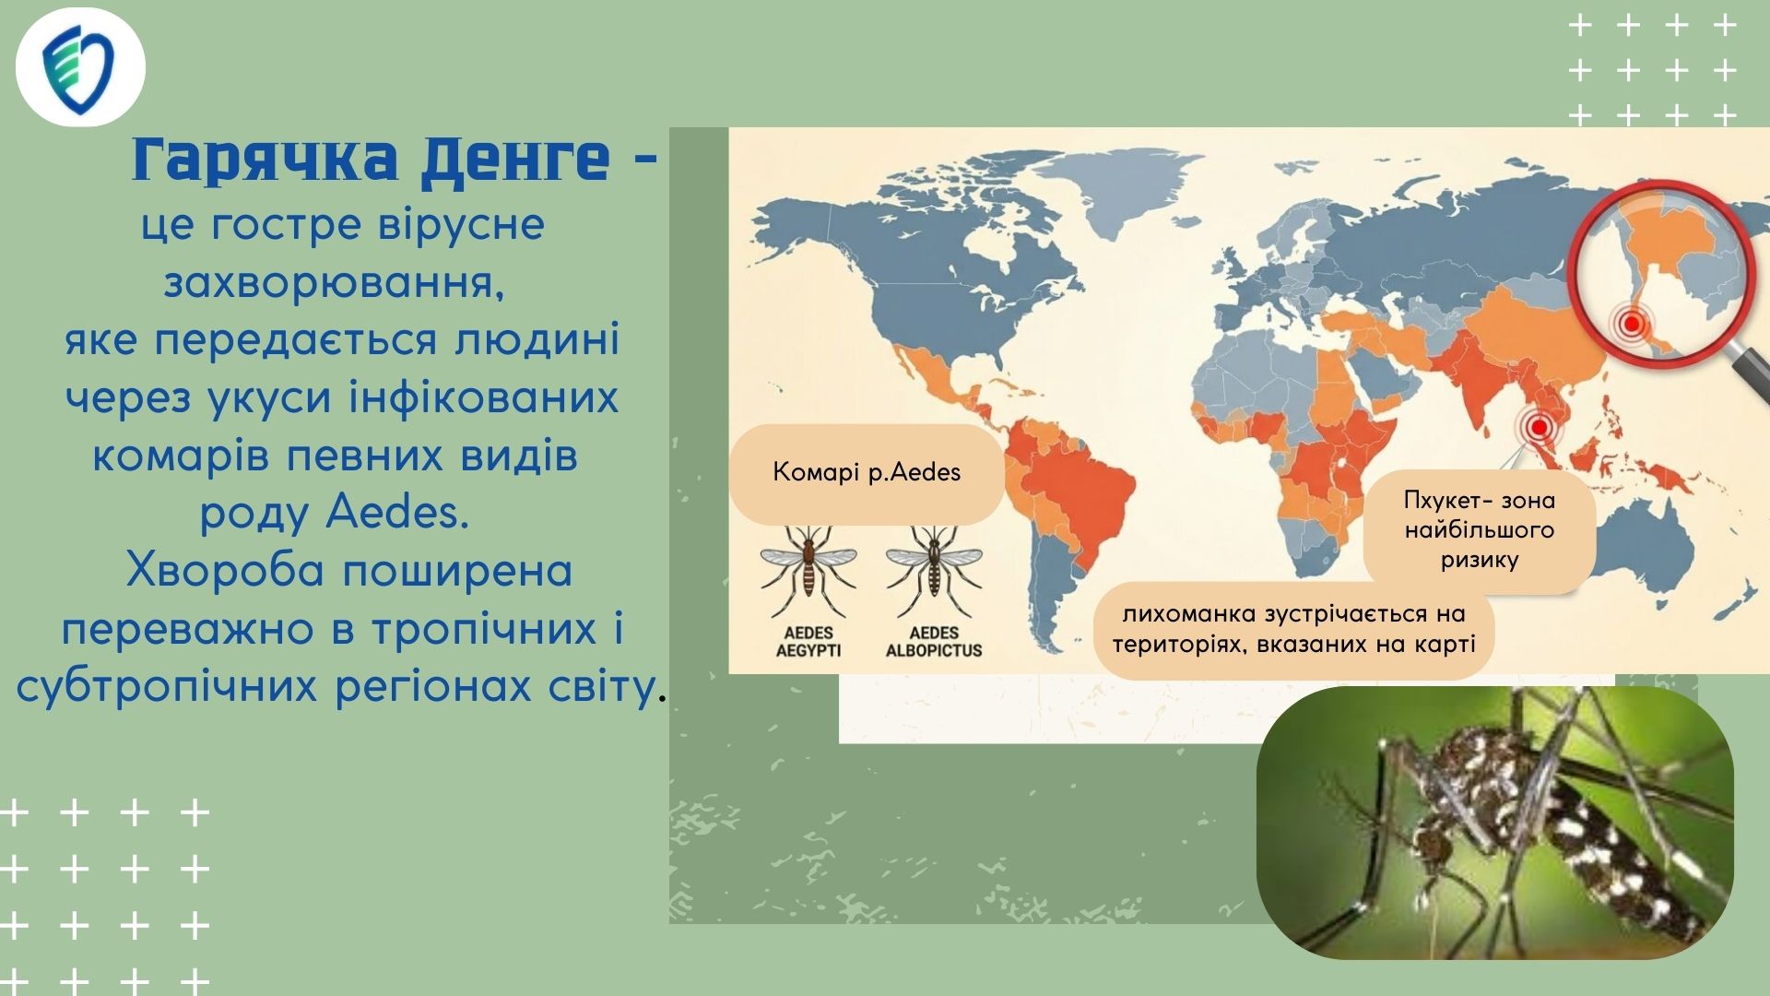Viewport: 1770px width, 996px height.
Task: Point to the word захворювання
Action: pyautogui.click(x=335, y=283)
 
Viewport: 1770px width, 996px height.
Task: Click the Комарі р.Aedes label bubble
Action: pyautogui.click(x=867, y=473)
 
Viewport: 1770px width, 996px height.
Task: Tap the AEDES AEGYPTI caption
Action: pyautogui.click(x=808, y=641)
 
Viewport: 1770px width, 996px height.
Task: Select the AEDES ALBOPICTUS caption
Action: pyautogui.click(x=934, y=641)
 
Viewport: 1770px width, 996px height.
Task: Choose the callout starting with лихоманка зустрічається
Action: pyautogui.click(x=1293, y=630)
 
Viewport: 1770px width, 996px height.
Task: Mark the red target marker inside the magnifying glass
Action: pyautogui.click(x=1632, y=324)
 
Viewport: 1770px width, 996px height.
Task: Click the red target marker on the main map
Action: pyautogui.click(x=1538, y=427)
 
